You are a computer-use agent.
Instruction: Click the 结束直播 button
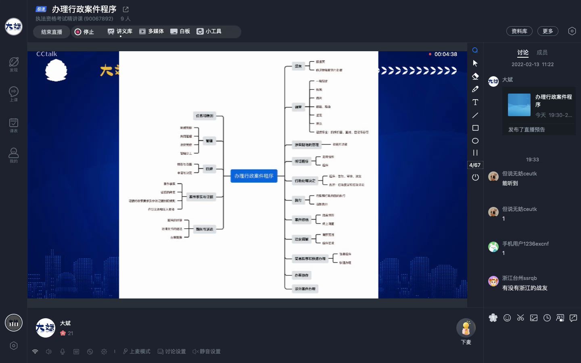(x=52, y=32)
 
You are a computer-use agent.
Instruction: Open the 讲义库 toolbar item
(x=120, y=31)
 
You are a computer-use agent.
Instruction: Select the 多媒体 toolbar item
(x=151, y=31)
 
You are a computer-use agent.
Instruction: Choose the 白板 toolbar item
(x=180, y=31)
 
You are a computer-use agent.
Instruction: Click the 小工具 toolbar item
(x=209, y=31)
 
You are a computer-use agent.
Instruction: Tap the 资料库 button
(x=519, y=31)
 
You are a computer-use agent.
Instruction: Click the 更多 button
(x=548, y=31)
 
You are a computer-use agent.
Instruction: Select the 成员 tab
(x=542, y=52)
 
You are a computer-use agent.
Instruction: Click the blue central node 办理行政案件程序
(x=254, y=176)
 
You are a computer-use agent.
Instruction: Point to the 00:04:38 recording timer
(x=445, y=54)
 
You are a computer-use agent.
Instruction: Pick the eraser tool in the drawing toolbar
(x=475, y=76)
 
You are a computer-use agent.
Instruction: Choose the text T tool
(x=475, y=102)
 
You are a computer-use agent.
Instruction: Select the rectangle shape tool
(x=475, y=128)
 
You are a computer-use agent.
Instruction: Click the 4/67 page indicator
(x=475, y=165)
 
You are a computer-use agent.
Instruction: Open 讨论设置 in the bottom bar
(x=172, y=352)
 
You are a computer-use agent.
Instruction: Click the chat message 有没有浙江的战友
(x=525, y=288)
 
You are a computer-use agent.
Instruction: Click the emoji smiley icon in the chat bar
(x=507, y=318)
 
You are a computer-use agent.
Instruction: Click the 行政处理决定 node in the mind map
(x=305, y=181)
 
